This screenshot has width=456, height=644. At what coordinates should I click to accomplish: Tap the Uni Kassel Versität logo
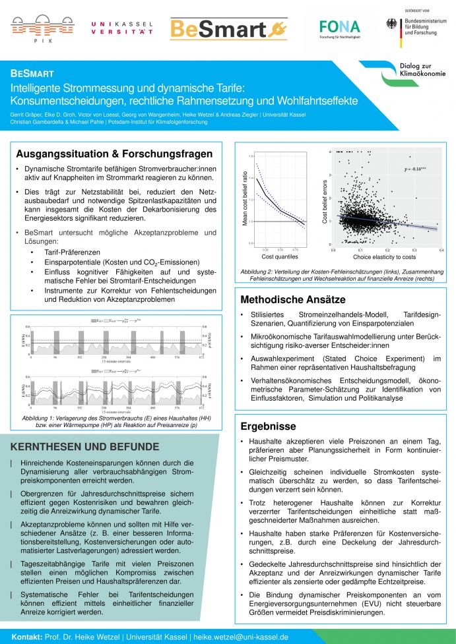click(122, 28)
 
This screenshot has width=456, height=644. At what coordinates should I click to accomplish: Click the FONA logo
click(339, 27)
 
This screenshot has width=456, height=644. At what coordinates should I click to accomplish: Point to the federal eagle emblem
click(393, 24)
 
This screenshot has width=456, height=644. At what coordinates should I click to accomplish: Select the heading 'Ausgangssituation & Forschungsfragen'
click(114, 154)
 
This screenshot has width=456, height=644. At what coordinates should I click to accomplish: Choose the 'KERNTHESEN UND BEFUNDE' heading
click(84, 446)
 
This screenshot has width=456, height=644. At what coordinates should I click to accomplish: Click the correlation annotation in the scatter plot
click(415, 169)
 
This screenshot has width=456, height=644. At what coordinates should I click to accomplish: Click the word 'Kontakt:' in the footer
click(27, 637)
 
